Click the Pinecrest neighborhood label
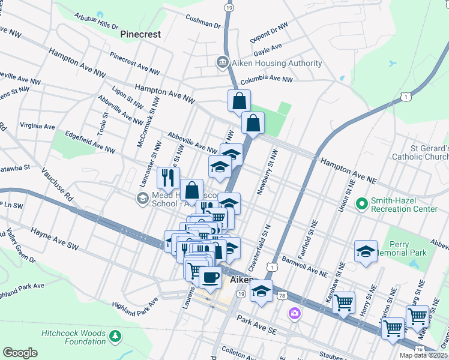tap(140, 34)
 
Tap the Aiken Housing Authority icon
tap(222, 63)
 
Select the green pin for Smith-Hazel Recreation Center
tap(362, 204)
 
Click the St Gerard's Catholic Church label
tap(420, 152)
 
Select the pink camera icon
tap(294, 313)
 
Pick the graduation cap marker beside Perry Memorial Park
tap(365, 251)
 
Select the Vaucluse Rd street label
tap(57, 182)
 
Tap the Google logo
tap(20, 352)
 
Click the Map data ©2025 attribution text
tap(423, 355)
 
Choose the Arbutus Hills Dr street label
tap(95, 21)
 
